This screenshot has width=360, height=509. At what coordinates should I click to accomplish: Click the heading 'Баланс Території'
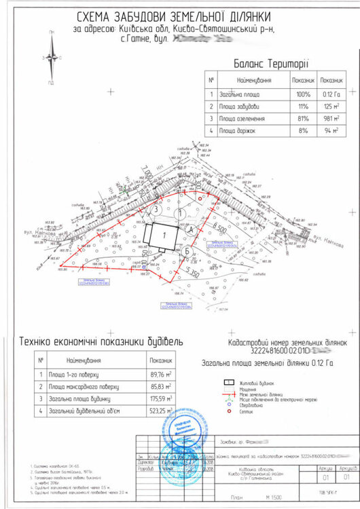270,64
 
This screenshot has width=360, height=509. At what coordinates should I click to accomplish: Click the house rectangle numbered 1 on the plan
163,235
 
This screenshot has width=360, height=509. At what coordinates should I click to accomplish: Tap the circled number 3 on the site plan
157,210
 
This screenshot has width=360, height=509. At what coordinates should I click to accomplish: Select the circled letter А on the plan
191,230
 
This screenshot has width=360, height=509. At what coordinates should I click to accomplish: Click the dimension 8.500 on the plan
218,227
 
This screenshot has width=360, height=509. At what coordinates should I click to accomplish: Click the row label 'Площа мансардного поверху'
89,386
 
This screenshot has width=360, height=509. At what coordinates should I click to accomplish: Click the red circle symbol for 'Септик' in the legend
230,411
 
